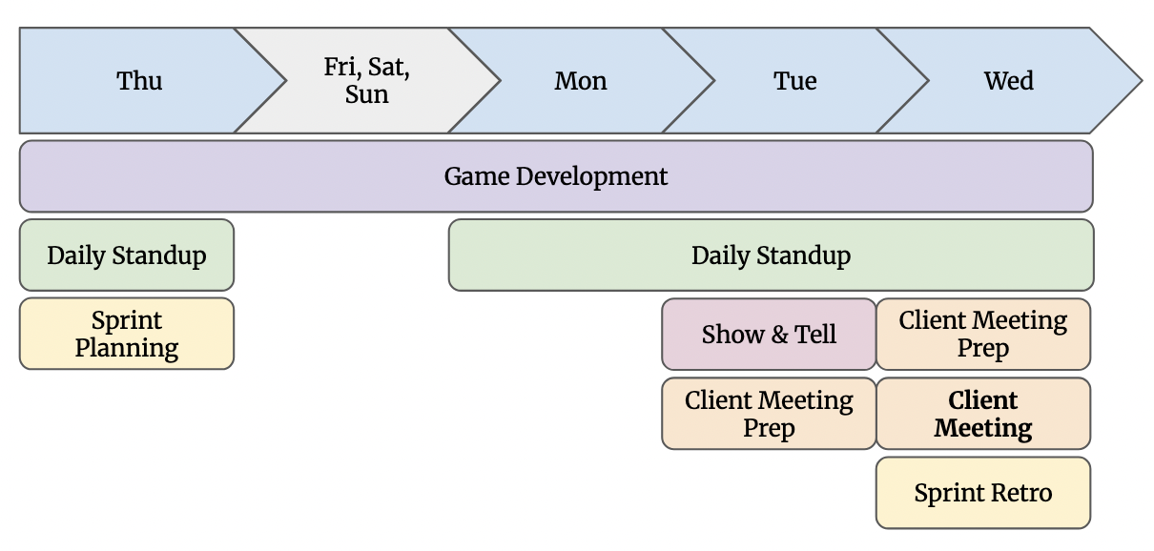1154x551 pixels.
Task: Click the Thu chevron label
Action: (139, 81)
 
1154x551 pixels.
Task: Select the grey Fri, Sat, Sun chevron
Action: (367, 81)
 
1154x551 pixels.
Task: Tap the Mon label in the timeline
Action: (581, 81)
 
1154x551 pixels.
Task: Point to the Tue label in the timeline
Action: (794, 81)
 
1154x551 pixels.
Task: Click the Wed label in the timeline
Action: (1008, 81)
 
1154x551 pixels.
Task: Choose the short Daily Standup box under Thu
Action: (126, 255)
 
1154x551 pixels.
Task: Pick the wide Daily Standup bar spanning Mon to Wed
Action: (771, 255)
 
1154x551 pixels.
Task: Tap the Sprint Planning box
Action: (126, 334)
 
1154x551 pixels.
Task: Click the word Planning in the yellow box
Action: (126, 348)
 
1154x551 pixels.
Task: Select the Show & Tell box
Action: (769, 335)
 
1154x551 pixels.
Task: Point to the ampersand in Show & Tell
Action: (779, 335)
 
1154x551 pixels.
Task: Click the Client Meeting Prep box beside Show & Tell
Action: (982, 334)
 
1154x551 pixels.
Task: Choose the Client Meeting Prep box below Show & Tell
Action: (769, 414)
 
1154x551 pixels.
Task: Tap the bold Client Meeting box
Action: (982, 414)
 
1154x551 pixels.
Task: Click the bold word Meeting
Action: (982, 428)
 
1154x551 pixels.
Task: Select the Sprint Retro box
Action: (982, 493)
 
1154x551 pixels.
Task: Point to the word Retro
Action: (1021, 493)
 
